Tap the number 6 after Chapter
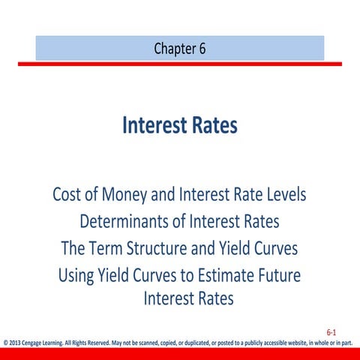coord(202,49)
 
